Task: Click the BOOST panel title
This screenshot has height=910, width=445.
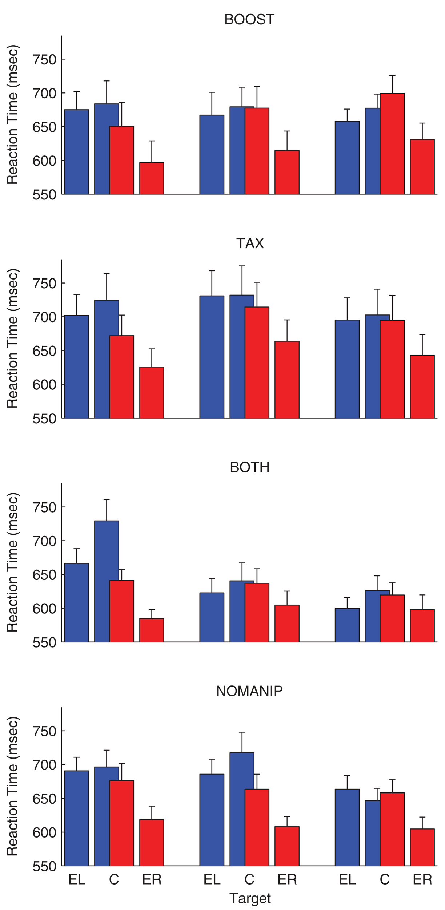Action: pyautogui.click(x=249, y=19)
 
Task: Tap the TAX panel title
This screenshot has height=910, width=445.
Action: pyautogui.click(x=250, y=243)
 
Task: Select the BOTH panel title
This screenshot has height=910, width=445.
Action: pyautogui.click(x=249, y=467)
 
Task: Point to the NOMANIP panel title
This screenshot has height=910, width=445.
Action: pyautogui.click(x=249, y=691)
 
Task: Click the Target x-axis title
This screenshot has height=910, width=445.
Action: pyautogui.click(x=250, y=898)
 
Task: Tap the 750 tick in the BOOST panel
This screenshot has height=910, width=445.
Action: pyautogui.click(x=45, y=59)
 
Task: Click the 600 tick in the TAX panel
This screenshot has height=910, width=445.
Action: pyautogui.click(x=45, y=384)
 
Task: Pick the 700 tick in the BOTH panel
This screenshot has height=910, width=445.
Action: pyautogui.click(x=45, y=541)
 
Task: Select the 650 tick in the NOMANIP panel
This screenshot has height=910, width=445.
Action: pyautogui.click(x=45, y=799)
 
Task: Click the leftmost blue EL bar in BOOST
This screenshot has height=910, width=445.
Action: pyautogui.click(x=76, y=153)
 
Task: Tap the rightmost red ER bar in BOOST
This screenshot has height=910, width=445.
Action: pyautogui.click(x=422, y=167)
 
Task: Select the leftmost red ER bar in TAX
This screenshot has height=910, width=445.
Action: pyautogui.click(x=152, y=393)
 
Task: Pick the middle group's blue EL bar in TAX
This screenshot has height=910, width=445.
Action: pyautogui.click(x=212, y=357)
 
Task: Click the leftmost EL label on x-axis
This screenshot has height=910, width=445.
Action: pyautogui.click(x=77, y=880)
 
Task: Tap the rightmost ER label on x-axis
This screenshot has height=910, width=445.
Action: pyautogui.click(x=422, y=880)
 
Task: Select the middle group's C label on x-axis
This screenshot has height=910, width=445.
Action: pyautogui.click(x=249, y=880)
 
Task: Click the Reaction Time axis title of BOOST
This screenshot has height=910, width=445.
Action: pyautogui.click(x=12, y=115)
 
